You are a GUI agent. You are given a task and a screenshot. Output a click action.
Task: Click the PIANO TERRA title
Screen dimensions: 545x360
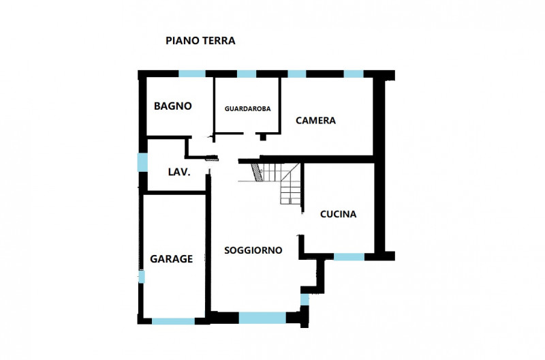(x=200, y=41)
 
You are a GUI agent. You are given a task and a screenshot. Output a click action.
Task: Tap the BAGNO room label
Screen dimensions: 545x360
(x=173, y=106)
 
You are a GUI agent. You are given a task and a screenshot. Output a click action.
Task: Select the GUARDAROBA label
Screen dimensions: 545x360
(x=247, y=109)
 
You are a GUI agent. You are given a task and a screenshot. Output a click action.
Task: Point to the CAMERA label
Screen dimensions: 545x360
(x=315, y=121)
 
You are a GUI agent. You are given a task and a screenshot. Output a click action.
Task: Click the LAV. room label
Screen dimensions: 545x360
(x=179, y=172)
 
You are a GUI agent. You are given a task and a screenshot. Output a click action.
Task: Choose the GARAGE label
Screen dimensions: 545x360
(x=172, y=259)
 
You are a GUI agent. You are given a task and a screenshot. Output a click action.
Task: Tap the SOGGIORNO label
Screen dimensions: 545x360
(x=253, y=250)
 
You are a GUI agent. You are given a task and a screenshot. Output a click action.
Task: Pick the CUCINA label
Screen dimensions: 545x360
(x=338, y=214)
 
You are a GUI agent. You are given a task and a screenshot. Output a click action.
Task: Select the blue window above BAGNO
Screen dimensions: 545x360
(x=192, y=74)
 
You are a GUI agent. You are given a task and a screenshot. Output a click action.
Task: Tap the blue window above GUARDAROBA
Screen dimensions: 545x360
(x=247, y=74)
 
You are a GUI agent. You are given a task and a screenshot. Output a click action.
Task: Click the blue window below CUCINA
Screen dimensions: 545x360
(x=349, y=256)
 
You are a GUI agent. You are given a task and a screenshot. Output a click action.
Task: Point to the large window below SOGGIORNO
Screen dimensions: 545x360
(x=262, y=318)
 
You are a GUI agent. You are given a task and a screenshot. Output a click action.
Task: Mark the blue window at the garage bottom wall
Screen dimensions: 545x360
(x=174, y=321)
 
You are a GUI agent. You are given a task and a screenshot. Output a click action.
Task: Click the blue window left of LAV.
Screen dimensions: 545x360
(x=142, y=162)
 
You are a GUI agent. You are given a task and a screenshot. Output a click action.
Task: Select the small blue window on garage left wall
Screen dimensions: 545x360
(x=142, y=277)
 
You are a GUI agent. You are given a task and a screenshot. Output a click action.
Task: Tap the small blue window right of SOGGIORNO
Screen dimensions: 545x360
(x=305, y=299)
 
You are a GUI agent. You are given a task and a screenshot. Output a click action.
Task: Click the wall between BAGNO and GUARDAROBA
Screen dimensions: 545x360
(x=214, y=106)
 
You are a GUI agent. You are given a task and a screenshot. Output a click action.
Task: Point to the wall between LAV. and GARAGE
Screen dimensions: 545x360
(x=176, y=192)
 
